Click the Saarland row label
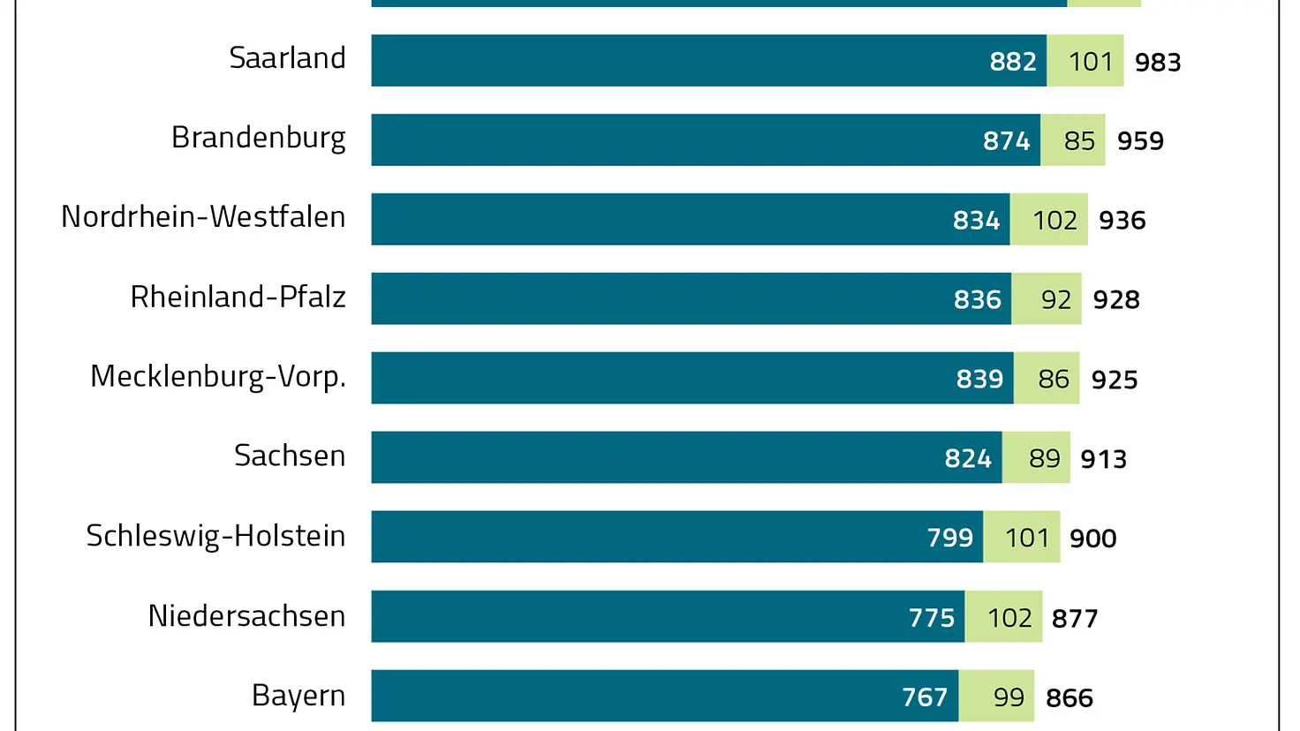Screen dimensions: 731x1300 287,58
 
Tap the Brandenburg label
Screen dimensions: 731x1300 258,138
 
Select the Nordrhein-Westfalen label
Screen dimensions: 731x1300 203,217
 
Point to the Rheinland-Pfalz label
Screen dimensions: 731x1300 238,297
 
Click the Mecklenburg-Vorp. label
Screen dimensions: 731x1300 217,377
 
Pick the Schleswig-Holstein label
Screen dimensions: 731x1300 215,536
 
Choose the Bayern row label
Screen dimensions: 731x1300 299,696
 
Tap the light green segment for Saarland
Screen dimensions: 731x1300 1085,61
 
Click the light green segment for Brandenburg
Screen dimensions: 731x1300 1073,140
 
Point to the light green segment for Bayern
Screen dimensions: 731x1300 996,697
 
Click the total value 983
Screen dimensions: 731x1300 1158,62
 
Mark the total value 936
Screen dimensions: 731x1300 1122,220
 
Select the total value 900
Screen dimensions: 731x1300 1093,538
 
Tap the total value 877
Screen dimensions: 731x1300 1075,618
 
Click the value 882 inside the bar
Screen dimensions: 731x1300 1013,61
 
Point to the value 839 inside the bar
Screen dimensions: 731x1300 979,379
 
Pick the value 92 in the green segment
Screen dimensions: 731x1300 1056,299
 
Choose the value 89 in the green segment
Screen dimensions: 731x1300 1045,458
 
